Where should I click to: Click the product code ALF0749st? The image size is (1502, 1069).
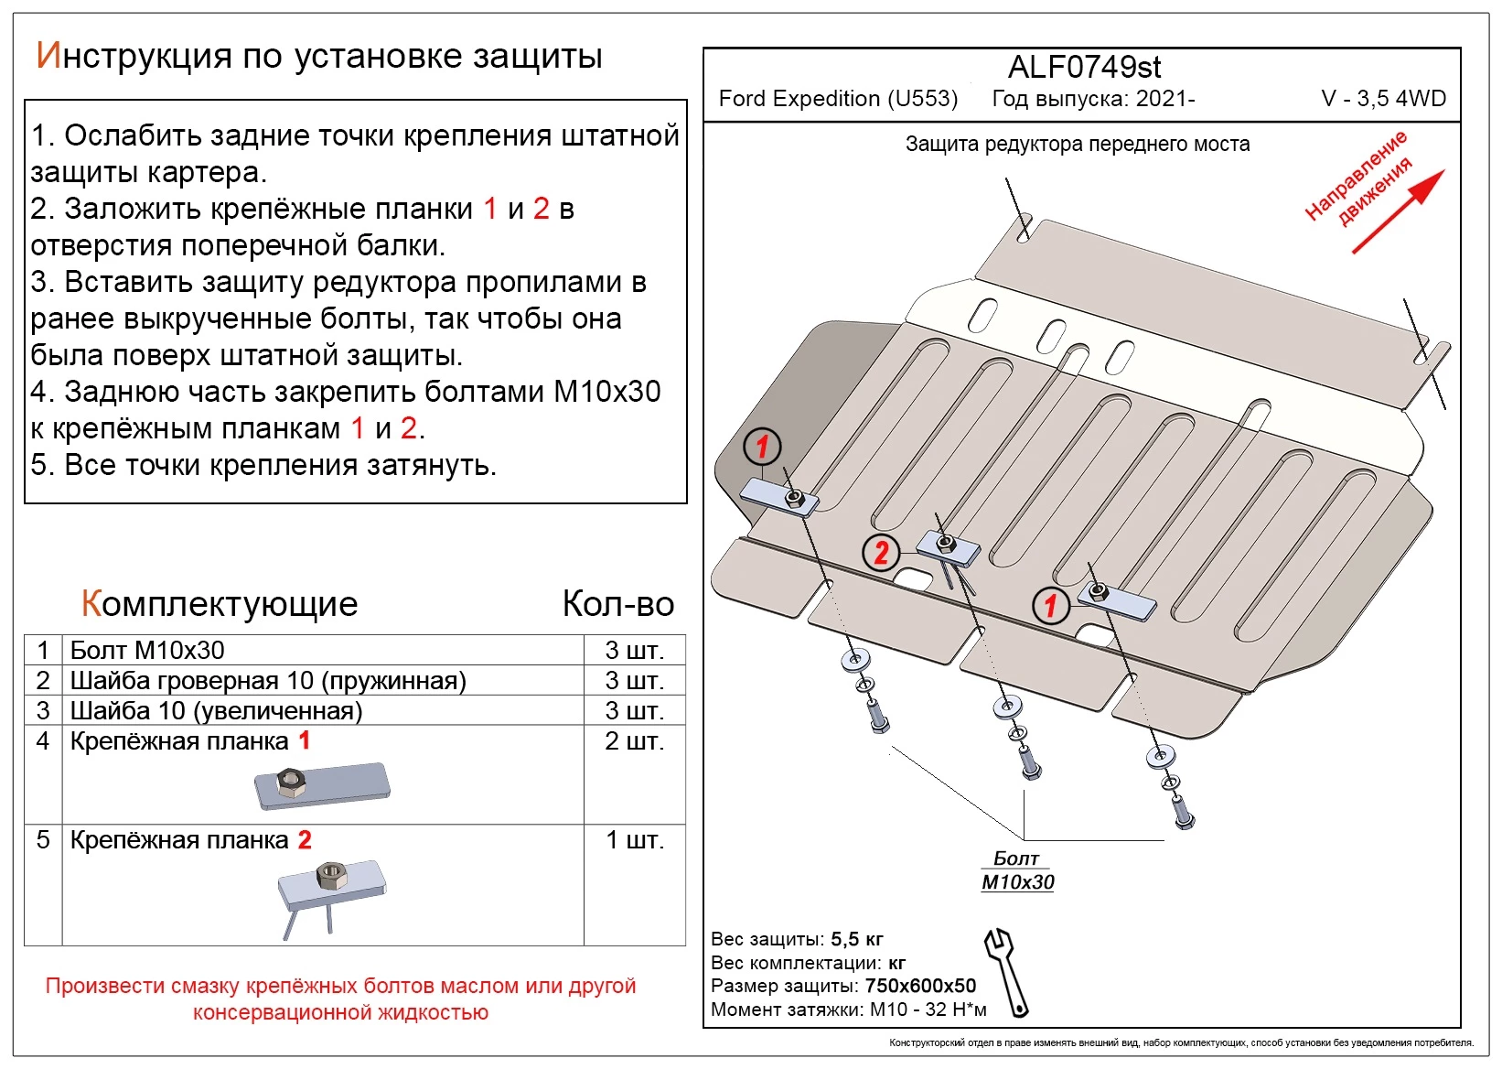pos(1084,68)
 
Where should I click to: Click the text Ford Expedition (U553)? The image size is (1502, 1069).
pos(838,99)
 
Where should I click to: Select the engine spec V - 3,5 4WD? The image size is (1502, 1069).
pos(1383,99)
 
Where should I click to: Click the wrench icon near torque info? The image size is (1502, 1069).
pos(1006,972)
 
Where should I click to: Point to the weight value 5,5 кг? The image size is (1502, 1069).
pos(856,939)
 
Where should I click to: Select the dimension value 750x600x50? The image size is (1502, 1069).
pos(920,986)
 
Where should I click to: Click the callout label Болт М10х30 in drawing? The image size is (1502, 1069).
pos(1017,870)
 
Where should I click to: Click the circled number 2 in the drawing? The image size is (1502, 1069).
pos(881,552)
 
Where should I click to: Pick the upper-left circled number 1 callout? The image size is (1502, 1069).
pos(762,447)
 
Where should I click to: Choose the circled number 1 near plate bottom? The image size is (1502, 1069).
pos(1050,604)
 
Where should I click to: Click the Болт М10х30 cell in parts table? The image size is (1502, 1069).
pos(147,650)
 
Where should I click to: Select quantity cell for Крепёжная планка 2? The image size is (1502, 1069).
pos(634,840)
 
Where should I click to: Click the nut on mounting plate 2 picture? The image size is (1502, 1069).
pos(331,876)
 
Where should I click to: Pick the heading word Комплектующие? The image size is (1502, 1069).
pos(220,604)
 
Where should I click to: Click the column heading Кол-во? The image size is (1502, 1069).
pos(617,604)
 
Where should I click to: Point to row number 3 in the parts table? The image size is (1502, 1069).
pos(43,710)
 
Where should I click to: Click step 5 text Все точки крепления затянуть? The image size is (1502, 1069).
pos(263,465)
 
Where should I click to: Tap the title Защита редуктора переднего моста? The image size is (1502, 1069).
pos(1077,144)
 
